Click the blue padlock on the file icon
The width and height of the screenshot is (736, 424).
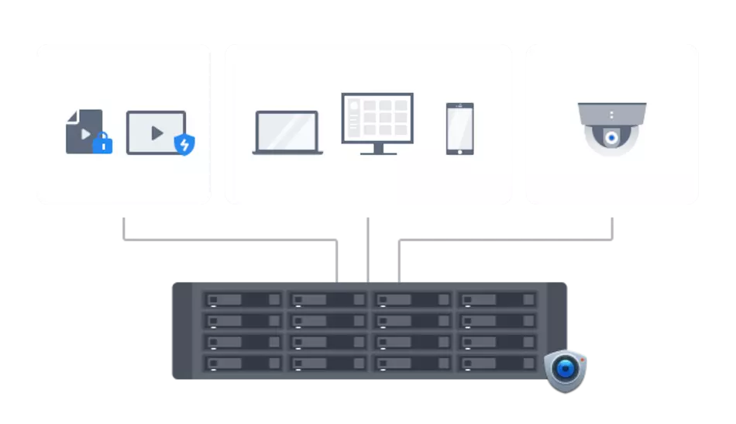[102, 143]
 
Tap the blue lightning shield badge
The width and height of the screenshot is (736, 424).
[184, 144]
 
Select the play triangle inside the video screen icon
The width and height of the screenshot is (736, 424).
[157, 133]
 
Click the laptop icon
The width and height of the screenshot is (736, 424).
[287, 133]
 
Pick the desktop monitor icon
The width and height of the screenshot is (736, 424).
[377, 124]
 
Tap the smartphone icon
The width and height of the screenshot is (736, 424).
[459, 129]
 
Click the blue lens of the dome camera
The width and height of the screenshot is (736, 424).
[612, 138]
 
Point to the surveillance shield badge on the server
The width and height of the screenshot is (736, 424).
[566, 371]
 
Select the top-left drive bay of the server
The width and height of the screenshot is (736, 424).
[243, 299]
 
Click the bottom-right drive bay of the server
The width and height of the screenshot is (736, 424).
[496, 363]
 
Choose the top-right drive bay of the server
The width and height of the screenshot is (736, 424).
[496, 299]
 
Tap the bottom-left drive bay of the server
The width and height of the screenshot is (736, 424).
[243, 363]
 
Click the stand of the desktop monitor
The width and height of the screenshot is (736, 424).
[378, 149]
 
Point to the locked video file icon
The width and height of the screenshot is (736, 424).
[85, 132]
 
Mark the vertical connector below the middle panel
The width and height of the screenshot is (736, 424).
[369, 248]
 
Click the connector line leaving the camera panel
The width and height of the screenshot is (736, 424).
[614, 229]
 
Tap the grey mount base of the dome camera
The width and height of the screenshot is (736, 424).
[612, 113]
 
